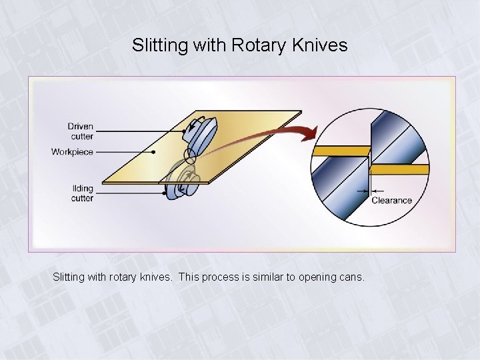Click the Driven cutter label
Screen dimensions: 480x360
click(80, 131)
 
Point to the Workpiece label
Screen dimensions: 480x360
click(72, 152)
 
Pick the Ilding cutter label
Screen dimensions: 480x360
click(82, 193)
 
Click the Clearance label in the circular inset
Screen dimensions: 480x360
click(391, 200)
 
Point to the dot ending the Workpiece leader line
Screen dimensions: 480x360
click(154, 152)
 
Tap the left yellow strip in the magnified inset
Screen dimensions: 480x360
click(341, 151)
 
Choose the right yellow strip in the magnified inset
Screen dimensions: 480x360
click(399, 169)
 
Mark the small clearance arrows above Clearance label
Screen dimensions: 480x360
click(363, 191)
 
